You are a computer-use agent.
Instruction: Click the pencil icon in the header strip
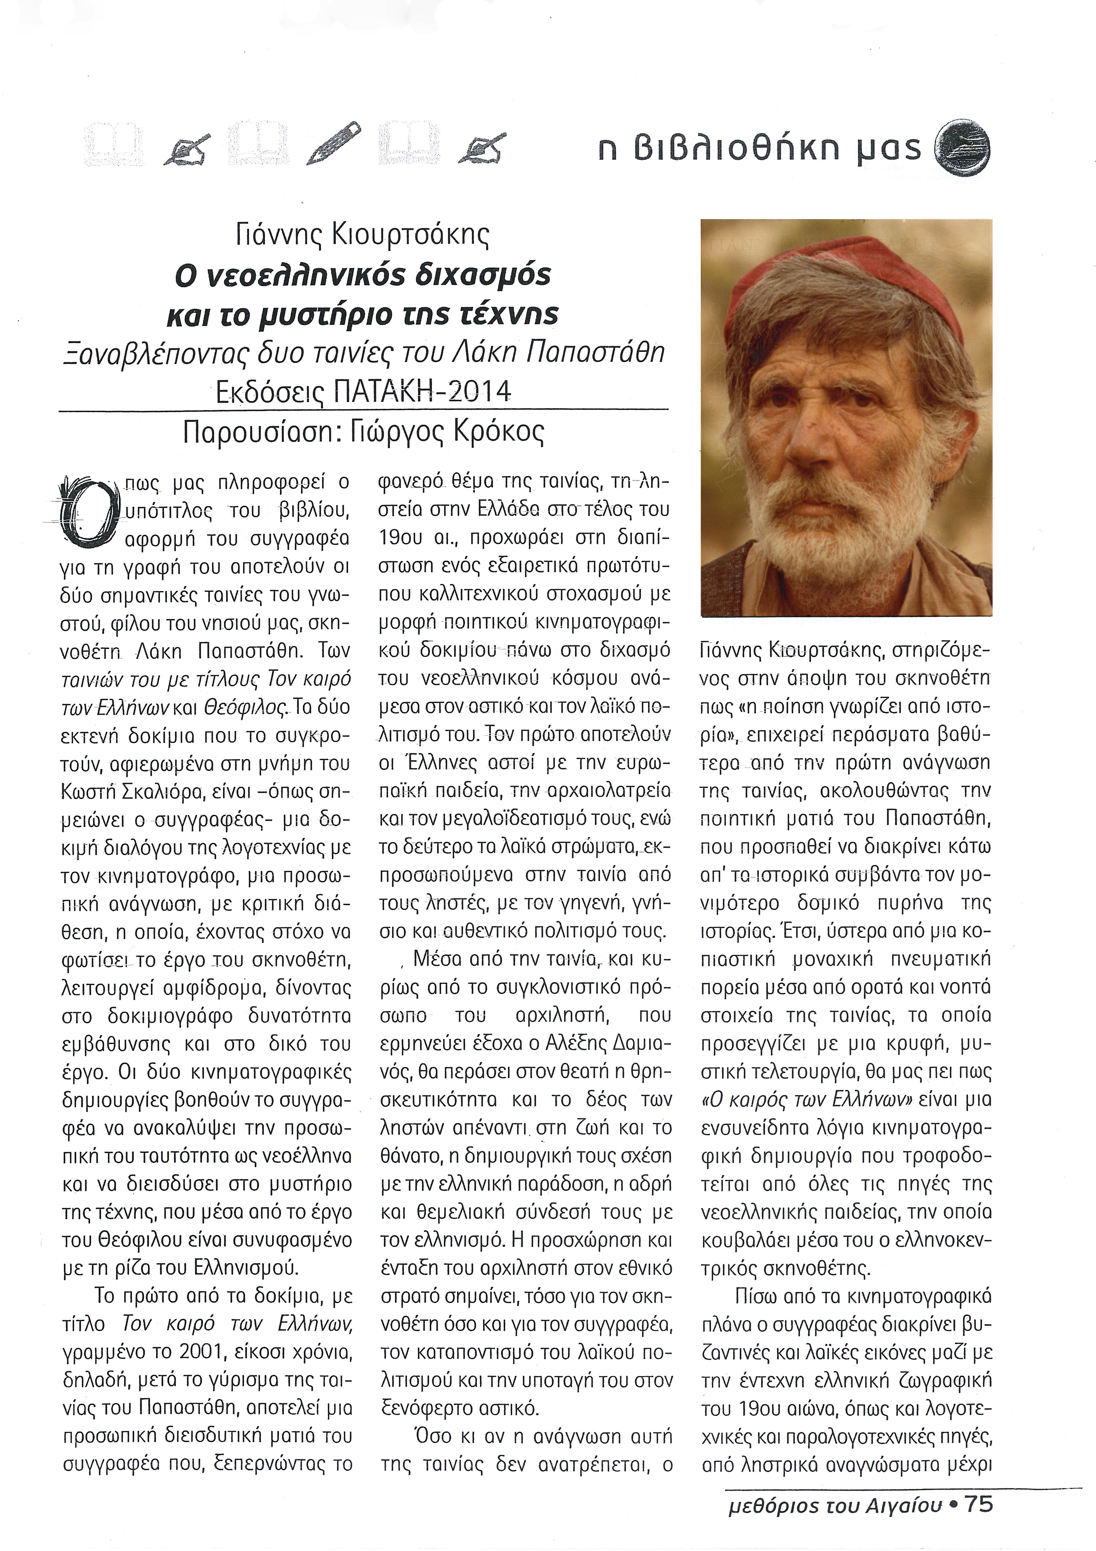tap(334, 143)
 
